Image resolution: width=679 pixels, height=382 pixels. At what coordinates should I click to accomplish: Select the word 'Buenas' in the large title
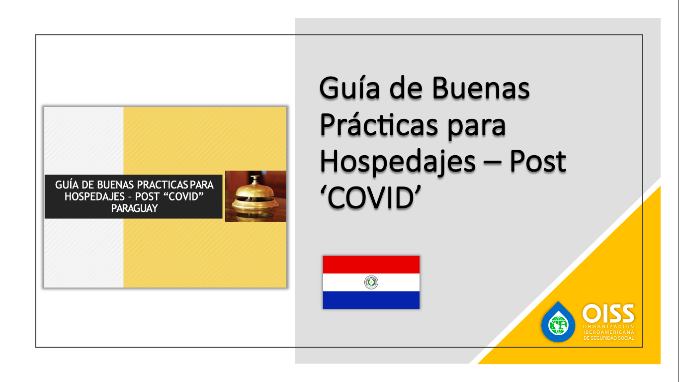tap(481, 89)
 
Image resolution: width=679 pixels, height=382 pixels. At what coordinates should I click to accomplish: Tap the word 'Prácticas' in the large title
tap(379, 124)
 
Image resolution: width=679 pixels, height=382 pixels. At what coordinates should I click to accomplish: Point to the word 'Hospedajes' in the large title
tap(398, 162)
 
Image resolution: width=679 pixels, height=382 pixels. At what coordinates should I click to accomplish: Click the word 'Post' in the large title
tap(538, 161)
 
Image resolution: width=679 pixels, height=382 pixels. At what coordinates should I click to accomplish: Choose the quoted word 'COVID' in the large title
tap(370, 197)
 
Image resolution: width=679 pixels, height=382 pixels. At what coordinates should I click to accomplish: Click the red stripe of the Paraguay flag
tap(371, 265)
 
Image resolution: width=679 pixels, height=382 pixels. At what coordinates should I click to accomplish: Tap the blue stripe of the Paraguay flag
tap(371, 300)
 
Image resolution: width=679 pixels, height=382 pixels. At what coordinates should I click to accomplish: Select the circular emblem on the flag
tap(371, 283)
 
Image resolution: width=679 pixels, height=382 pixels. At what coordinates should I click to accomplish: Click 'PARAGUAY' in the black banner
tap(134, 208)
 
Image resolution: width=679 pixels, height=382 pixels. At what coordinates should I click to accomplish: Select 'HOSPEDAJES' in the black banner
tap(94, 196)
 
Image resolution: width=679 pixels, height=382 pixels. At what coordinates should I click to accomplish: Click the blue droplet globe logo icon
tap(558, 322)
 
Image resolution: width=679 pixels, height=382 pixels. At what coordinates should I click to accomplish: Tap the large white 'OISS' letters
tap(608, 313)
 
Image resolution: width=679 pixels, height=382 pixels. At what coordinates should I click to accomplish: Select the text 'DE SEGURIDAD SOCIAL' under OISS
tap(609, 338)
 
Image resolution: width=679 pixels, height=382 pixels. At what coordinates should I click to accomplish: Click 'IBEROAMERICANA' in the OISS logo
tap(609, 332)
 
